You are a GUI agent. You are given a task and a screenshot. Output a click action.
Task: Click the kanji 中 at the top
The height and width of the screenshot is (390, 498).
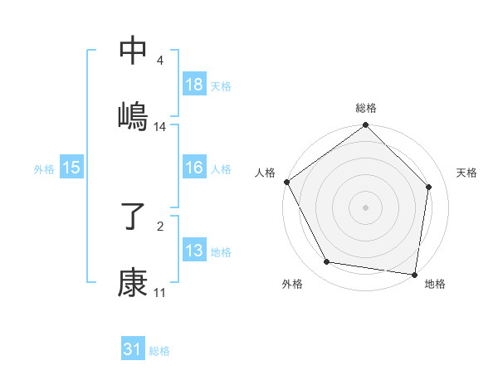tap(133, 51)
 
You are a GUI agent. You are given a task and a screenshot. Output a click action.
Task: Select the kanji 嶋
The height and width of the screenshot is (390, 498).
tap(133, 115)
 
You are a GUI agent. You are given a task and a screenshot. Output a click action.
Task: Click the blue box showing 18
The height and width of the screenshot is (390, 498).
tap(193, 85)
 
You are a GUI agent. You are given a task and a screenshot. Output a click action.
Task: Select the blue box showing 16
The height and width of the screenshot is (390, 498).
tap(193, 168)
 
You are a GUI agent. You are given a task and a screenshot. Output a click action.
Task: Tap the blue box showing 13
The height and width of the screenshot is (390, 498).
tap(193, 251)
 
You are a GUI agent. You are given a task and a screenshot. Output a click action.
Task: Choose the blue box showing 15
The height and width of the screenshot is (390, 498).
tap(71, 168)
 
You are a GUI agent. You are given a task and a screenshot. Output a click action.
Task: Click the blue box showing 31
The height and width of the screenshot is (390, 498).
tap(133, 349)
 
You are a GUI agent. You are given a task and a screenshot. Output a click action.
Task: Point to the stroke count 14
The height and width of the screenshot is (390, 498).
tap(160, 127)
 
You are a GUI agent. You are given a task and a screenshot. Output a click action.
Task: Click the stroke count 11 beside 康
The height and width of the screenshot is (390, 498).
tap(160, 293)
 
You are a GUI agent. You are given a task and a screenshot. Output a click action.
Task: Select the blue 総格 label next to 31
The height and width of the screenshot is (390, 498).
tap(159, 350)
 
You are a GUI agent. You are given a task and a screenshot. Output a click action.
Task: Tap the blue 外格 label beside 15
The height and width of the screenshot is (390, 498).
tap(44, 168)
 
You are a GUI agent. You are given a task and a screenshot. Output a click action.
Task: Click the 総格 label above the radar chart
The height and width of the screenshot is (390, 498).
tap(366, 108)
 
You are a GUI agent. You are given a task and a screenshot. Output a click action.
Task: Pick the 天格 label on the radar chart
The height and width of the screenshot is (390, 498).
tap(467, 173)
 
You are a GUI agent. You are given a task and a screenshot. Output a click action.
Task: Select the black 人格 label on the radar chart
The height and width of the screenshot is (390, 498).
tap(265, 173)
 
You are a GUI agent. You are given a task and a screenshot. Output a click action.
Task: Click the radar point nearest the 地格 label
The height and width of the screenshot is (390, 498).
tap(414, 274)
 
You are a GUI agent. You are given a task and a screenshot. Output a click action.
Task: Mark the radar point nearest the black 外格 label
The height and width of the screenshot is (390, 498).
tap(327, 262)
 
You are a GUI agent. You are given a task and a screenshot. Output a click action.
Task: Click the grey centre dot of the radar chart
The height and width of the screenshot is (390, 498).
tap(366, 207)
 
